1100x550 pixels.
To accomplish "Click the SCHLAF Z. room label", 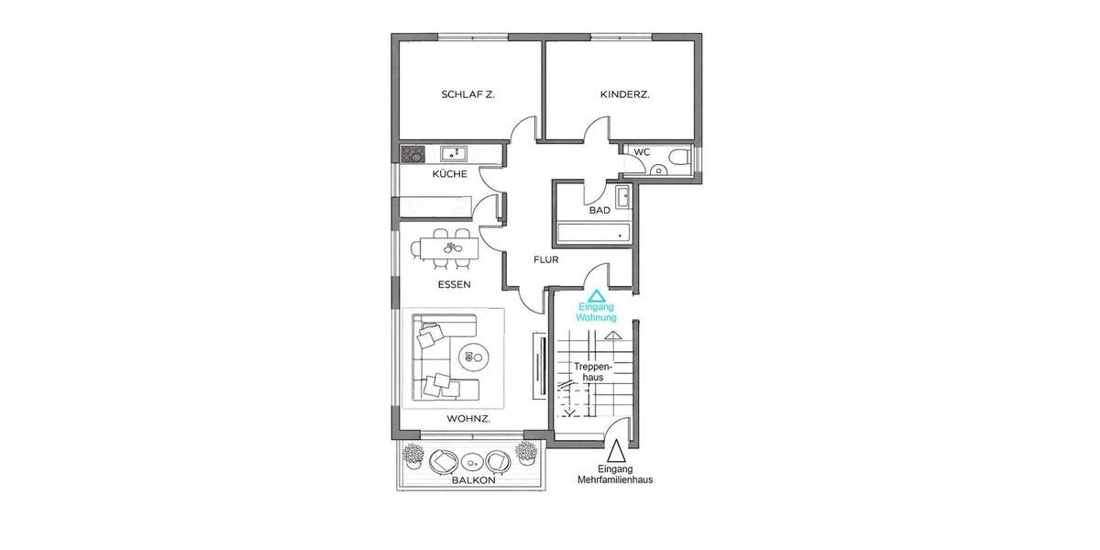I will (467, 94).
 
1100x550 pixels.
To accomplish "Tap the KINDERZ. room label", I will (624, 94).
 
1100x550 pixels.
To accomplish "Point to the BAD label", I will (599, 211).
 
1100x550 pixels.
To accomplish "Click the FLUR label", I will (546, 259).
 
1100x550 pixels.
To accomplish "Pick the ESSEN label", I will (454, 285).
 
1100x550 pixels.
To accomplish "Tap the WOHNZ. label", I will (468, 419).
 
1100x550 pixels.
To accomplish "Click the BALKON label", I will (473, 480).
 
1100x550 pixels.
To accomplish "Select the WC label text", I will (642, 151).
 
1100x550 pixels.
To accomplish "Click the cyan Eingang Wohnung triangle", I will (596, 296).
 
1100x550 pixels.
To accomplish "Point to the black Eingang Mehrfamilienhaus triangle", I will (616, 451).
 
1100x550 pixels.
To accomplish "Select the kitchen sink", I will (453, 154).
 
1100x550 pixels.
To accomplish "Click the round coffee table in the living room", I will (475, 355).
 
